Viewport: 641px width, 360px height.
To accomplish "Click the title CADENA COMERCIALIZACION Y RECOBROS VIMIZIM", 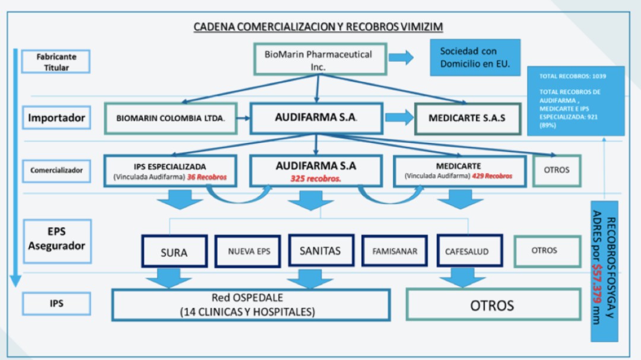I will pos(318,27).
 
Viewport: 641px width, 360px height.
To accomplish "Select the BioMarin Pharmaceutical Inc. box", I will pos(318,60).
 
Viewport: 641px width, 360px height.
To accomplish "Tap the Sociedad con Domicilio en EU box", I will pos(475,58).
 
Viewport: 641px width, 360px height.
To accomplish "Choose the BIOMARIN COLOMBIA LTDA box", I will pos(170,118).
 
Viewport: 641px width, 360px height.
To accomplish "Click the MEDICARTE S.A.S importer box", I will pos(467,118).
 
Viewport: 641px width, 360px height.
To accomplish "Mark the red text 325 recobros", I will pos(315,177).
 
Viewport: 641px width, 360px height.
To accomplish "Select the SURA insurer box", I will pos(174,252).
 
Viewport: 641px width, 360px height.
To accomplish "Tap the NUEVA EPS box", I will pos(249,251).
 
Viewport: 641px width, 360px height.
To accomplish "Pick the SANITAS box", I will pos(320,250).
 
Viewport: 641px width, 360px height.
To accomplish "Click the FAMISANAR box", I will pos(395,251).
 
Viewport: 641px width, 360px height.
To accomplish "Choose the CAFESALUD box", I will pos(467,251).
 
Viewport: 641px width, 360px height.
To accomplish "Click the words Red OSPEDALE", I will pos(247,298).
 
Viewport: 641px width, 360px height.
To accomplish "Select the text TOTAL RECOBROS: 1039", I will pos(573,77).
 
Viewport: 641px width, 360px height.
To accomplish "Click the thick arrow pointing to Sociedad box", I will pos(401,58).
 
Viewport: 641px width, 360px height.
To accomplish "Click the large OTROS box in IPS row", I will pos(492,305).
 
